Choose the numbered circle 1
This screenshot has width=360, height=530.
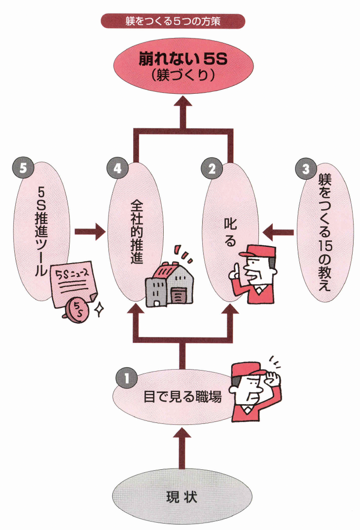pos(126,378)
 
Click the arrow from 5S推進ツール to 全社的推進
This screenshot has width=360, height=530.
pos(91,230)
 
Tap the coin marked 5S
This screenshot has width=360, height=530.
pos(77,309)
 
